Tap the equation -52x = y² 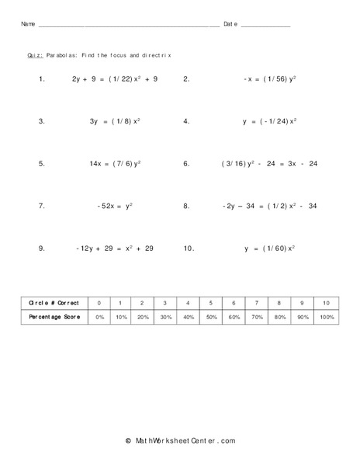click(x=115, y=206)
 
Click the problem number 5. click(x=41, y=164)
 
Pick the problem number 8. click(x=187, y=206)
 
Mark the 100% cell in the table click(x=327, y=318)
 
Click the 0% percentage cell click(x=99, y=318)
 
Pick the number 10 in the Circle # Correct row click(x=327, y=302)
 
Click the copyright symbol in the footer click(x=128, y=440)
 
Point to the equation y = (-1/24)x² click(x=268, y=121)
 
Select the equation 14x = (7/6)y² click(x=115, y=164)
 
